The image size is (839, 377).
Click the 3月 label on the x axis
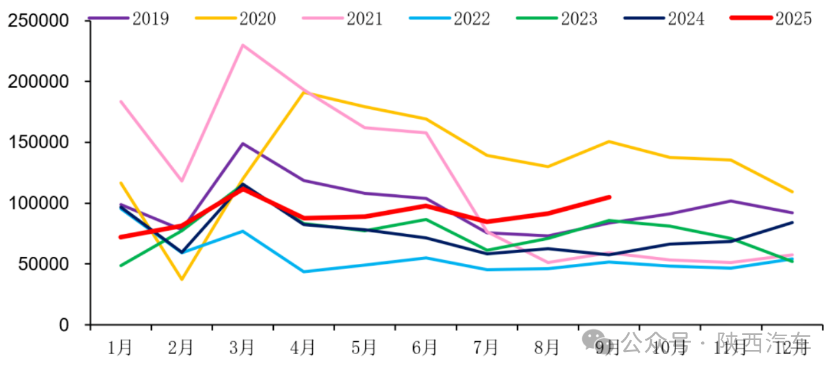243,347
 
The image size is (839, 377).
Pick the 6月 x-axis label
425,347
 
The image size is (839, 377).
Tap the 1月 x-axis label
121,347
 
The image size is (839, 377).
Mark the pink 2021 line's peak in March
243,45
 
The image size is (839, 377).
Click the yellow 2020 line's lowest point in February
182,279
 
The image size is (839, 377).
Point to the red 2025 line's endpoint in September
609,197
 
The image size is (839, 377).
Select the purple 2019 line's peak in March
243,143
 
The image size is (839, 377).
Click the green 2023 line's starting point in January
121,266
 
